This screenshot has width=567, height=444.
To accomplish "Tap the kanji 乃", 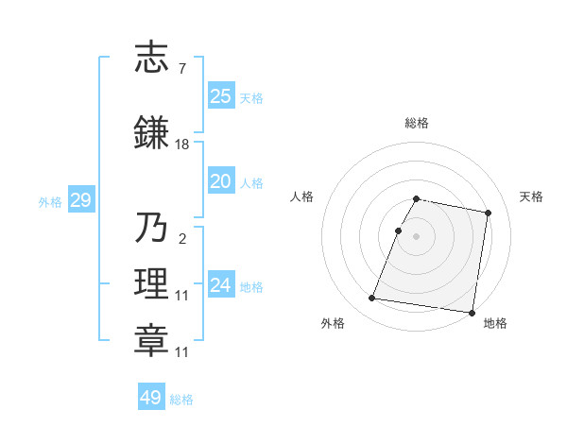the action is [151, 227].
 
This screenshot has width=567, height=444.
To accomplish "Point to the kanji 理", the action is [151, 284].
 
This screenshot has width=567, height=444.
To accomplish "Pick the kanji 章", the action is [151, 341].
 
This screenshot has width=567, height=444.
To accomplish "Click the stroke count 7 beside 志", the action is [181, 69].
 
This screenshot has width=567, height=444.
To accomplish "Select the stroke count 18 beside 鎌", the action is [181, 145].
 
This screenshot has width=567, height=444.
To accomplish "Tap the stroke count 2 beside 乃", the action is [181, 239].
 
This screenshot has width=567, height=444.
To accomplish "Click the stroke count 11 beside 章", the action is [181, 352].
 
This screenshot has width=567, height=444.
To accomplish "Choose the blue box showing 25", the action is [221, 95].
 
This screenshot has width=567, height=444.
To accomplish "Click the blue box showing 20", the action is [221, 181].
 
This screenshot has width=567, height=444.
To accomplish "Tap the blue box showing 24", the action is [221, 285].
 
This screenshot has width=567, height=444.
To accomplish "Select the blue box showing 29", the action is [80, 200].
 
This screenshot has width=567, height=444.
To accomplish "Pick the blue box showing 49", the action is [151, 398].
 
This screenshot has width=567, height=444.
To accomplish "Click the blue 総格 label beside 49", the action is [181, 400].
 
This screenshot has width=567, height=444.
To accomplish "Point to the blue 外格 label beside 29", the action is [50, 201].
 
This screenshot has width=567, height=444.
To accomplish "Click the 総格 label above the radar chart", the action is [417, 123].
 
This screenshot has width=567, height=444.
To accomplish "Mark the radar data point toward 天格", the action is [488, 213].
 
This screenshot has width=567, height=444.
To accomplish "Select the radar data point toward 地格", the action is [472, 312].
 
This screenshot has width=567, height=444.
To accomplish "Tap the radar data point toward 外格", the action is [372, 299].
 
